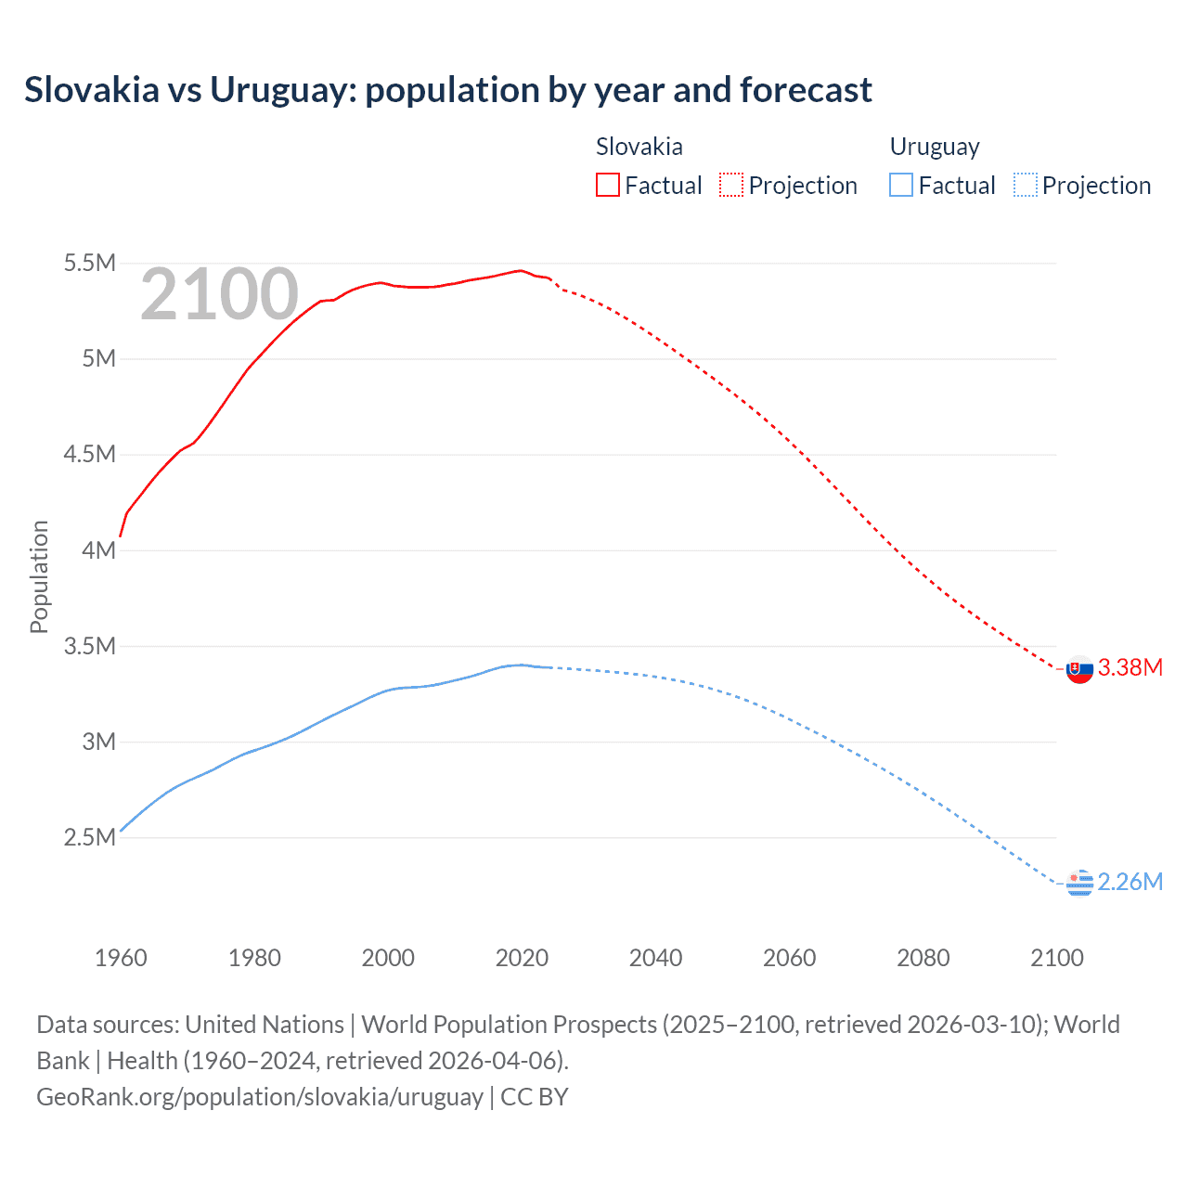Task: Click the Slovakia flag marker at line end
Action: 1079,669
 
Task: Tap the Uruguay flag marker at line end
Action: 1079,883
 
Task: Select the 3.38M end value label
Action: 1130,668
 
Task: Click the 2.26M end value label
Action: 1130,882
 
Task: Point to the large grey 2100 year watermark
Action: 219,295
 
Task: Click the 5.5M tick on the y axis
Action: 89,264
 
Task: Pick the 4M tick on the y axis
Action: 98,550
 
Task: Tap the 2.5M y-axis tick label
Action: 89,837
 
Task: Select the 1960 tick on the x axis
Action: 121,958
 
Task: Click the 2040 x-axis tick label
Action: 655,958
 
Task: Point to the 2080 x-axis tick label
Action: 923,958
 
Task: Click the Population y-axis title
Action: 39,576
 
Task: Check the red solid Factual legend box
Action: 607,186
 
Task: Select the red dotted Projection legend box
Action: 731,186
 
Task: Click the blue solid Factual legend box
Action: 900,186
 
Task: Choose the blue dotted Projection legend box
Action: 1025,186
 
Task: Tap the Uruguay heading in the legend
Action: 935,147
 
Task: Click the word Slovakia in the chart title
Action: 92,90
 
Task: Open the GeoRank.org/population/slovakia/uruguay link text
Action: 260,1097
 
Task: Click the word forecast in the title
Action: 806,90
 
